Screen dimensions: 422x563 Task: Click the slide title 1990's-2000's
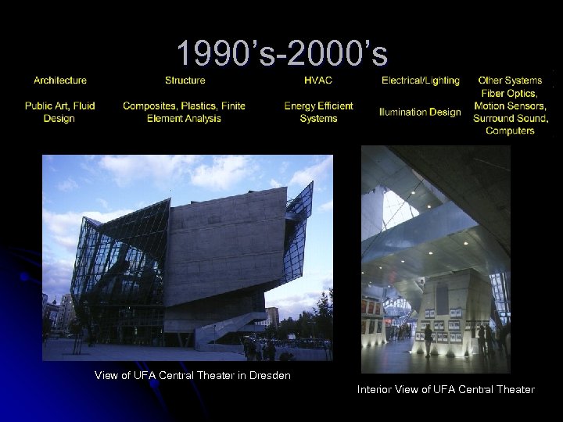click(x=281, y=54)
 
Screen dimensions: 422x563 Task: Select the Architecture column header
click(x=60, y=80)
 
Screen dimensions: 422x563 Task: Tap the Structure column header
click(x=185, y=80)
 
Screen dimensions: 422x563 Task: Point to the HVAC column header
click(x=318, y=80)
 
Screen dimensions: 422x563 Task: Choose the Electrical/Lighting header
click(x=420, y=80)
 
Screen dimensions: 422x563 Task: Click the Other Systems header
click(x=510, y=80)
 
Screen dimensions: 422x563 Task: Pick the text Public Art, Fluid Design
click(x=60, y=112)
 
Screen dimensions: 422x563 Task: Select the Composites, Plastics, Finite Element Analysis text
click(x=184, y=112)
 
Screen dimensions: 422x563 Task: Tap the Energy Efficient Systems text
click(x=318, y=112)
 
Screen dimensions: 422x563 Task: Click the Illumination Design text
click(x=420, y=112)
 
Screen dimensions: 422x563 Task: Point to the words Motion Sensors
click(x=511, y=105)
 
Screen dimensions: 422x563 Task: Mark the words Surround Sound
click(x=511, y=118)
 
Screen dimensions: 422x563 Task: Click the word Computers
click(x=510, y=131)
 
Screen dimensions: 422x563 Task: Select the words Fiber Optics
click(x=510, y=93)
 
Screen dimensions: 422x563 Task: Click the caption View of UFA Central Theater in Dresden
click(x=192, y=376)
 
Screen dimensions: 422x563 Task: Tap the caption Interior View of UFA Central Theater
click(x=446, y=389)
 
